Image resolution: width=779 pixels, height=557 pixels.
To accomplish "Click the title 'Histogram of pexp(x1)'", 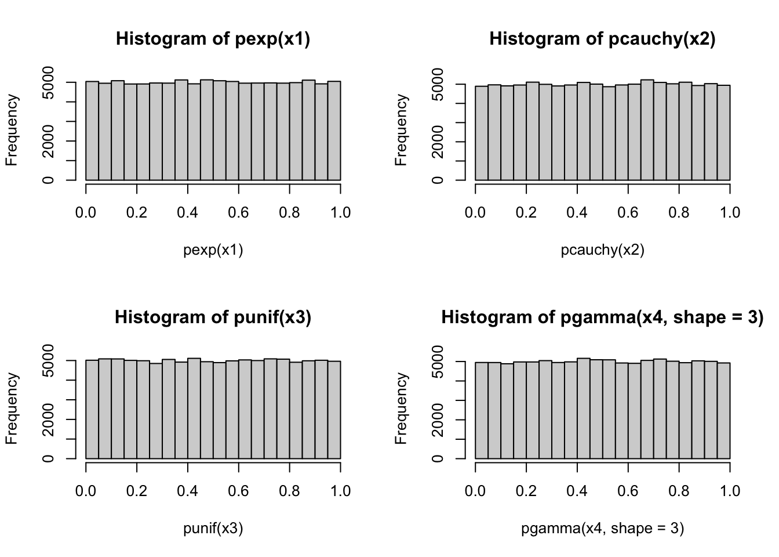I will [x=213, y=39].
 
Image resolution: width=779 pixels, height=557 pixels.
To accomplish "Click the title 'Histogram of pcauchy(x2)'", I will [x=602, y=39].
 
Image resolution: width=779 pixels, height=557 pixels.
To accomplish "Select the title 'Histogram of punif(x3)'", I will [x=213, y=317].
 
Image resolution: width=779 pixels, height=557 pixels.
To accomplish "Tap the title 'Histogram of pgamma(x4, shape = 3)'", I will [x=602, y=317].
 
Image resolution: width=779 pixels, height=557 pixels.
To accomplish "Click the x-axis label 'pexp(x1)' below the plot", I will [x=213, y=250].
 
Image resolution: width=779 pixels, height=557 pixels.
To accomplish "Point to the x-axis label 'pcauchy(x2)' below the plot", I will [x=602, y=250].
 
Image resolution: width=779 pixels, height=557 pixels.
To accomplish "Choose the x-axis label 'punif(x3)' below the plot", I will [x=213, y=529].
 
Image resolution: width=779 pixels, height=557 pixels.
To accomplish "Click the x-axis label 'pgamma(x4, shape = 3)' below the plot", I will [x=602, y=529].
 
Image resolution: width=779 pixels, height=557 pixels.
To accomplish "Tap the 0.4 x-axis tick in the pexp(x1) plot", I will [x=188, y=213].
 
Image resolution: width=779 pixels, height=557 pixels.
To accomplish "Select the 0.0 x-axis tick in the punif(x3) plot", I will [x=86, y=491].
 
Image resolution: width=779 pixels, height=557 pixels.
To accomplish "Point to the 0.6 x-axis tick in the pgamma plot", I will [x=628, y=491].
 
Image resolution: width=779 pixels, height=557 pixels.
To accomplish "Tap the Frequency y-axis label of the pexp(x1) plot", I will [x=12, y=130].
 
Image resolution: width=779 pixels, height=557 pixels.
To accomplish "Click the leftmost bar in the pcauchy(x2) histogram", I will [x=481, y=133].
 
